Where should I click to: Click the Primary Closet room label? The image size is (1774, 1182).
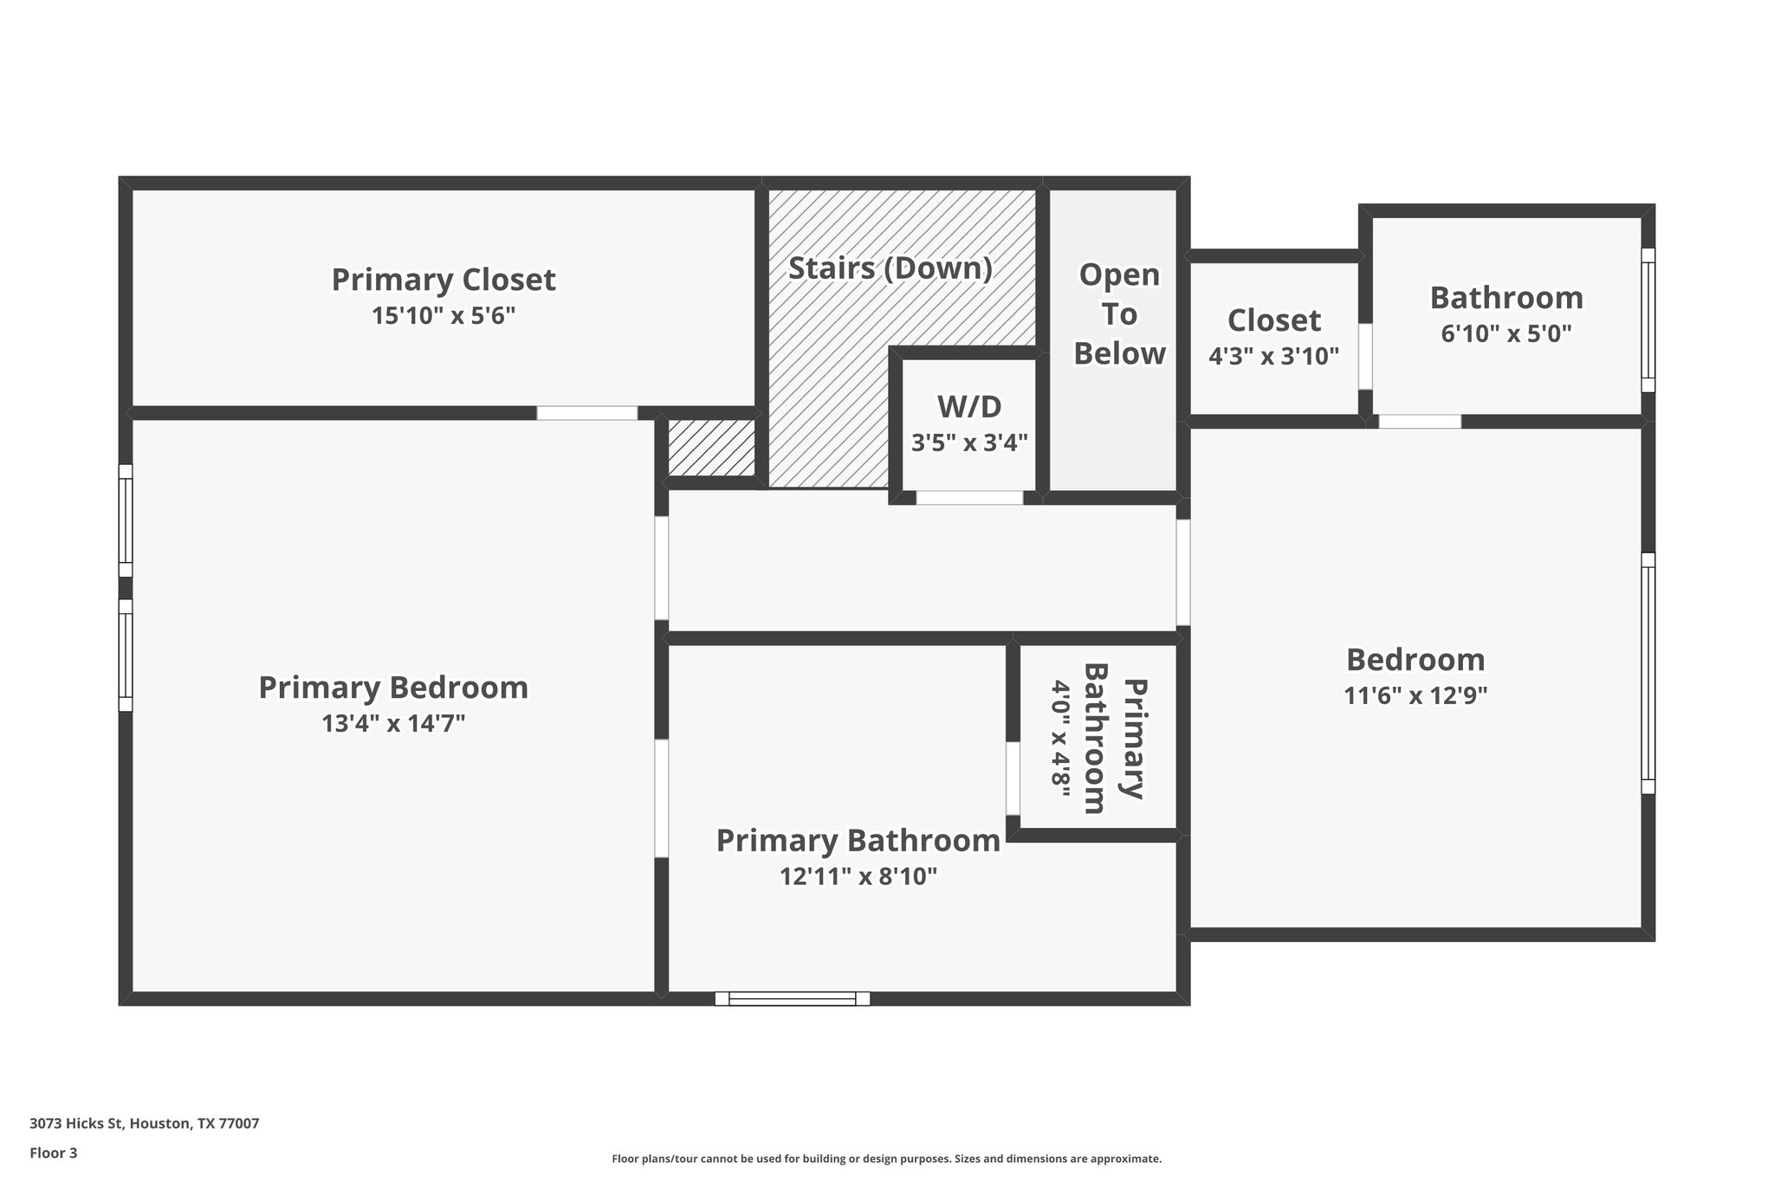pyautogui.click(x=443, y=280)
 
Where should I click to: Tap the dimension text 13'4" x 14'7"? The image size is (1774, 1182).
pyautogui.click(x=393, y=723)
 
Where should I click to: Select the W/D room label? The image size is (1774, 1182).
pyautogui.click(x=969, y=406)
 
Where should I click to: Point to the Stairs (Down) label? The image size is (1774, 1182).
pyautogui.click(x=890, y=268)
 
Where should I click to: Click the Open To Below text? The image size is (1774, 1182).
pyautogui.click(x=1119, y=314)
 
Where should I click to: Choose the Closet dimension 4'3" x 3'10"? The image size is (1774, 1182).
pyautogui.click(x=1273, y=356)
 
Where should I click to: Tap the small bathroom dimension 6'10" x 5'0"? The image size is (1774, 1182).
pyautogui.click(x=1505, y=333)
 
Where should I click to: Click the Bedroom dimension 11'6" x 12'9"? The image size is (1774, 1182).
pyautogui.click(x=1415, y=695)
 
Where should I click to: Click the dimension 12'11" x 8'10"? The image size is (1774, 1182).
pyautogui.click(x=858, y=876)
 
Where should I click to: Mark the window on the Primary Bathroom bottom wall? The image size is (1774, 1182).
pyautogui.click(x=792, y=998)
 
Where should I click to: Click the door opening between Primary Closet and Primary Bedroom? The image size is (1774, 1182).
pyautogui.click(x=586, y=413)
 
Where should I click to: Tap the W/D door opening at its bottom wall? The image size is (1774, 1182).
pyautogui.click(x=969, y=498)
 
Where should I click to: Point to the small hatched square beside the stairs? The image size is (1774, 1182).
pyautogui.click(x=711, y=448)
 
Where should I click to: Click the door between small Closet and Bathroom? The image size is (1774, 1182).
pyautogui.click(x=1365, y=356)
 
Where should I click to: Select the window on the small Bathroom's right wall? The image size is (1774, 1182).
pyautogui.click(x=1648, y=320)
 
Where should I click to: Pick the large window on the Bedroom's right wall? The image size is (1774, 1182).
pyautogui.click(x=1648, y=673)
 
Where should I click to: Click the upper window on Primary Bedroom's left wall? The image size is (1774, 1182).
pyautogui.click(x=126, y=520)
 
